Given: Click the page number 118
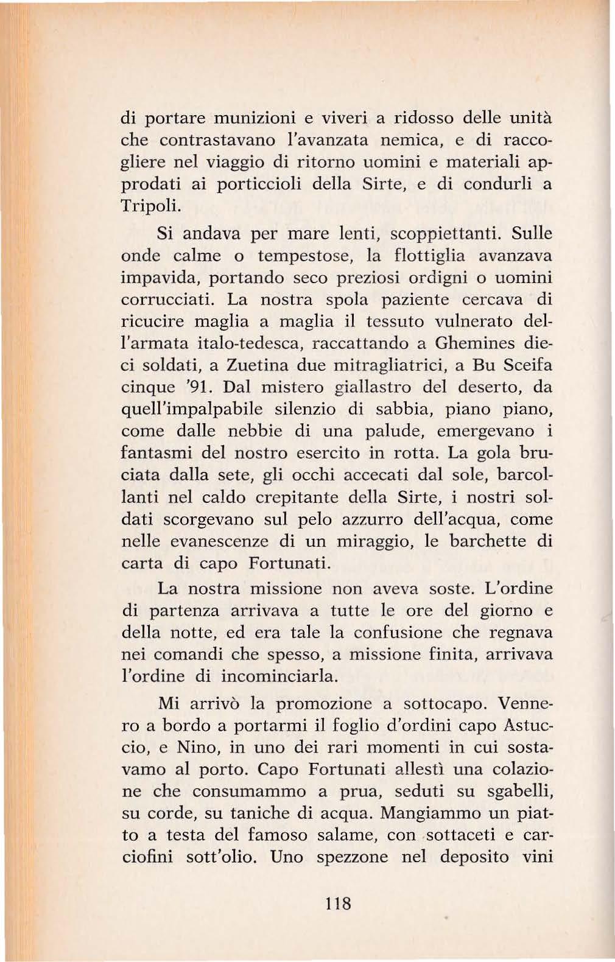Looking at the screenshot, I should click(339, 902).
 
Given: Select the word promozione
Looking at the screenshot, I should click(326, 703).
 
